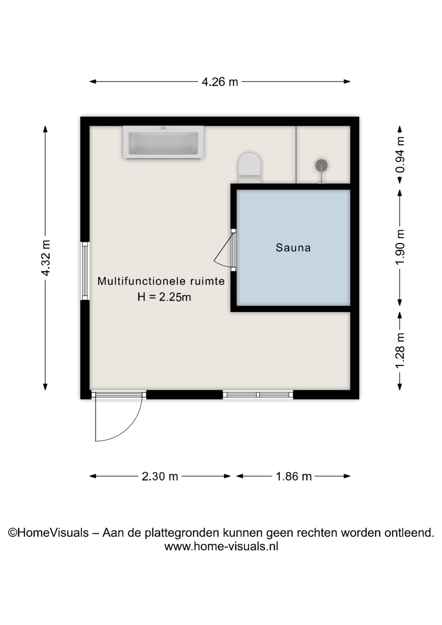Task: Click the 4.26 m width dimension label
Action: point(220,82)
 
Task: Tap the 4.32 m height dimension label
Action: point(46,258)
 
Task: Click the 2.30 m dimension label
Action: point(160,476)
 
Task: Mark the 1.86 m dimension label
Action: point(294,476)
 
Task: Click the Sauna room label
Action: point(293,247)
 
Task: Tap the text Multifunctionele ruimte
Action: point(161,281)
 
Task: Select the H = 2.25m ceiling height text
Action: point(164,297)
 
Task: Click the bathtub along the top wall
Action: point(163,142)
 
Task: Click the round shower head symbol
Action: point(321,165)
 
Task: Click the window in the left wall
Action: point(85,271)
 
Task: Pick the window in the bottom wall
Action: point(258,395)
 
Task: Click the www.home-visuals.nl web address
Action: point(221,546)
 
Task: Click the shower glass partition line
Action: point(296,155)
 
